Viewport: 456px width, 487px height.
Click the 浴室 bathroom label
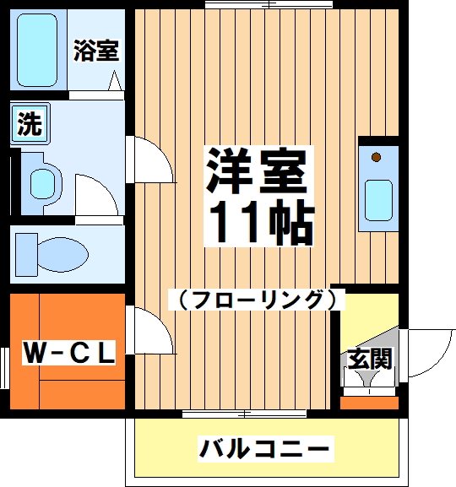[x=95, y=51]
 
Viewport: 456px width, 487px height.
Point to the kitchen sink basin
[x=378, y=200]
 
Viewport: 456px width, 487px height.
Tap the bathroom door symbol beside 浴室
[x=115, y=81]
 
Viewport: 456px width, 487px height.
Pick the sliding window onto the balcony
[x=245, y=414]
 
